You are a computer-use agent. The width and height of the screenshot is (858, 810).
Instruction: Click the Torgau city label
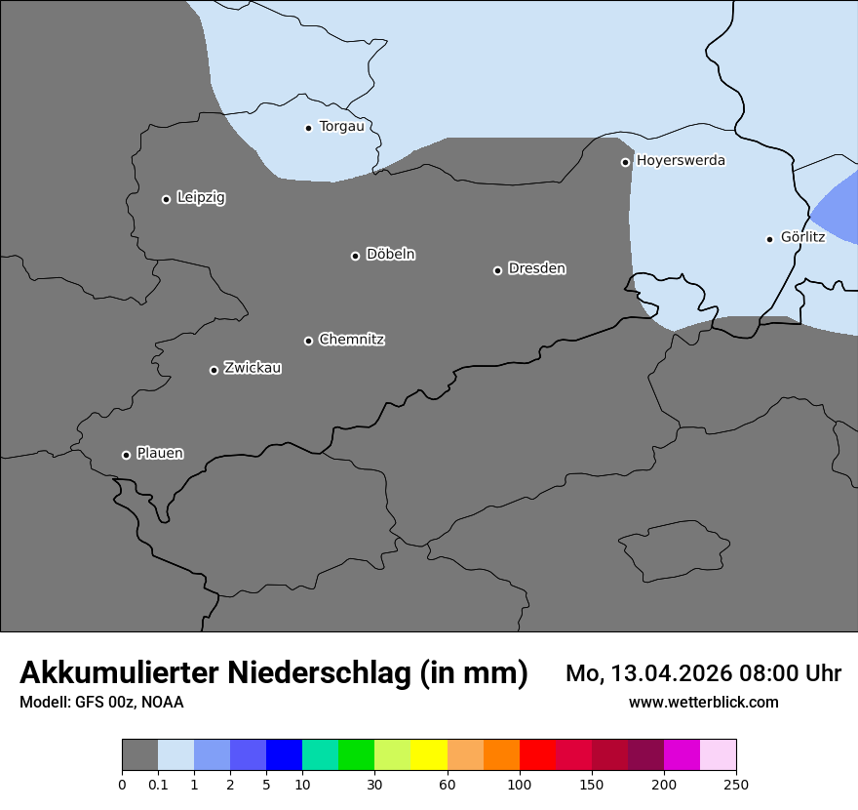(341, 127)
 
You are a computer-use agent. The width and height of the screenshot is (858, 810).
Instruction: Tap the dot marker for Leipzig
(166, 199)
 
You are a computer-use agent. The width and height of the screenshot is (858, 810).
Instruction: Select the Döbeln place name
(390, 255)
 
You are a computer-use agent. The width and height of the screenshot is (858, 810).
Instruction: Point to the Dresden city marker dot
(497, 270)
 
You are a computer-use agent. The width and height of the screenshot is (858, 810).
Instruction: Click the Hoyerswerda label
(681, 161)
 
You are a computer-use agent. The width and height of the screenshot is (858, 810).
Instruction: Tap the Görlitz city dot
(769, 239)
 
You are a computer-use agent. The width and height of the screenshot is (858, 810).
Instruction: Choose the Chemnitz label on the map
(351, 340)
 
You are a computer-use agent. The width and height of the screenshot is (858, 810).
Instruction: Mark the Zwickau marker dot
(214, 370)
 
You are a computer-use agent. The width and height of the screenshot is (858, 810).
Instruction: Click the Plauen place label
(160, 454)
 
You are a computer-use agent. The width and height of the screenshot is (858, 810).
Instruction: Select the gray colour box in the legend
(139, 755)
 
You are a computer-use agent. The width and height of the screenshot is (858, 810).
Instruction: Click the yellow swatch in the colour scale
(429, 755)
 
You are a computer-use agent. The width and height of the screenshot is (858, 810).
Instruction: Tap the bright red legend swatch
(537, 755)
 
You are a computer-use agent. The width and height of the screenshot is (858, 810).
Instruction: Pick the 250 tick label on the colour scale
(736, 784)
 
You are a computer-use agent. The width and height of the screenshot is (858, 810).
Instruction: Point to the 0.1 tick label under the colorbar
(158, 784)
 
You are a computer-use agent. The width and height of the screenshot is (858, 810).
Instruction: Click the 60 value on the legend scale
(448, 784)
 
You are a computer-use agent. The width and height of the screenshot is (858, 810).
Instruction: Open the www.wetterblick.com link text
(703, 702)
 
